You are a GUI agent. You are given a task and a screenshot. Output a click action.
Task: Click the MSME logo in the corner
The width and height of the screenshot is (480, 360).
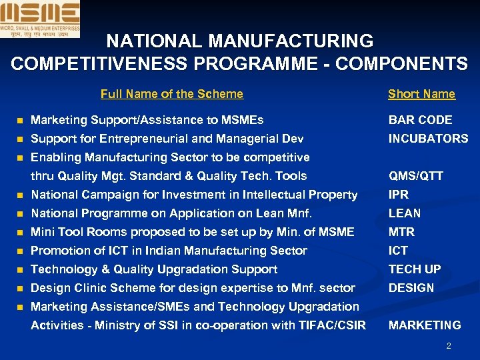[40, 19]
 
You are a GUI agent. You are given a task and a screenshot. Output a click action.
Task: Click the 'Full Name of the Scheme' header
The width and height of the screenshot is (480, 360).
[172, 94]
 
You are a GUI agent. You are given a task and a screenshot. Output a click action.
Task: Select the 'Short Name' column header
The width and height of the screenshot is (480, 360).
[421, 94]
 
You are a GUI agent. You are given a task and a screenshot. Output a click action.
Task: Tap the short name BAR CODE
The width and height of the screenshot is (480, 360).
[421, 120]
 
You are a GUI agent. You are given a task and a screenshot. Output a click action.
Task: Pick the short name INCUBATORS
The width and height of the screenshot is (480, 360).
[429, 139]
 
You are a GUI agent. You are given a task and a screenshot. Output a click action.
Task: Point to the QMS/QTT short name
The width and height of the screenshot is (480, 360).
[416, 176]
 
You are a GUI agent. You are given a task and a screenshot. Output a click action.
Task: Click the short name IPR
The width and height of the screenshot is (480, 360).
[399, 195]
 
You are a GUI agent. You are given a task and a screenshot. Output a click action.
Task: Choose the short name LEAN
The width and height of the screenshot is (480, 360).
[405, 213]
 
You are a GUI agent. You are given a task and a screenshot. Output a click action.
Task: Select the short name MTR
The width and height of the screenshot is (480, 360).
[401, 232]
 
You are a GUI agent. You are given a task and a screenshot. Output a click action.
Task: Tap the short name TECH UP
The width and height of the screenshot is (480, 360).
[414, 269]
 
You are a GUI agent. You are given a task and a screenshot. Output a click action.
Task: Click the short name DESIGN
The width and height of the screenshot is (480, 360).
[411, 288]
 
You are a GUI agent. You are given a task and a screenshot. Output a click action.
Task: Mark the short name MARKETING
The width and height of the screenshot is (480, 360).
[425, 325]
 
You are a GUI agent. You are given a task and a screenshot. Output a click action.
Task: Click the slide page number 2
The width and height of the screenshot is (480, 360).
[449, 346]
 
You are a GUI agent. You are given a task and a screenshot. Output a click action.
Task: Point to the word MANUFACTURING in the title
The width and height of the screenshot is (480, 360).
[291, 41]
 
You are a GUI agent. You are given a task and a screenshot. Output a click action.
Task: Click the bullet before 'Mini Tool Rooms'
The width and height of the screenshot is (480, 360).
[20, 233]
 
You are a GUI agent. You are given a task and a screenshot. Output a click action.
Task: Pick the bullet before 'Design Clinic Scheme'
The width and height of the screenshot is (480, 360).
[20, 289]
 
